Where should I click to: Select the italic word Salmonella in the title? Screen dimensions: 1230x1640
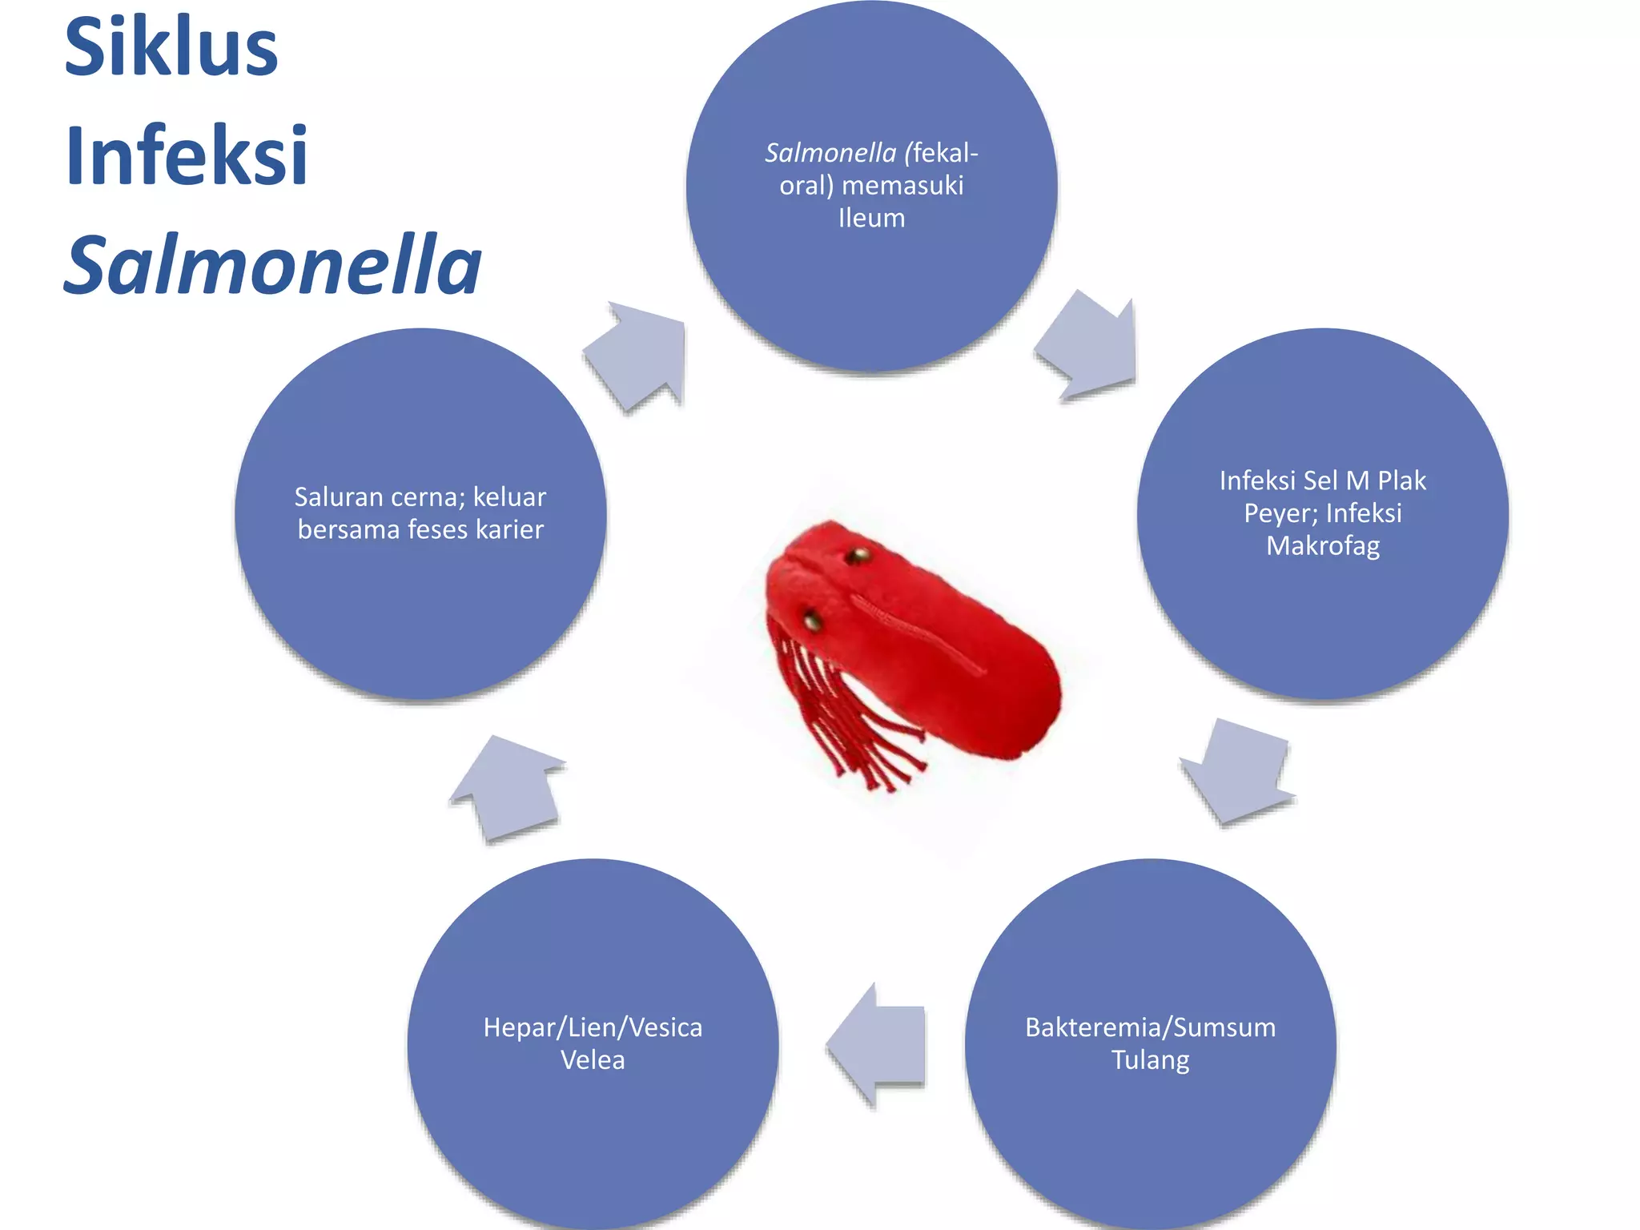pyautogui.click(x=272, y=264)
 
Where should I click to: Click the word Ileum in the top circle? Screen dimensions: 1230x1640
pyautogui.click(x=871, y=218)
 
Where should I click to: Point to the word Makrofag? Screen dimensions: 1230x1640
pyautogui.click(x=1323, y=546)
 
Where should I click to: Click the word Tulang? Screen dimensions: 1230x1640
pyautogui.click(x=1150, y=1060)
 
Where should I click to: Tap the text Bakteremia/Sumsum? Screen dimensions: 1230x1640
pyautogui.click(x=1150, y=1027)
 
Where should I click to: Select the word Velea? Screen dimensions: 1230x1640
pyautogui.click(x=593, y=1060)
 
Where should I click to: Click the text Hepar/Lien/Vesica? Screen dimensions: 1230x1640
pyautogui.click(x=593, y=1027)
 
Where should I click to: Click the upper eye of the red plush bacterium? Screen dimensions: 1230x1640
pyautogui.click(x=858, y=555)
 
